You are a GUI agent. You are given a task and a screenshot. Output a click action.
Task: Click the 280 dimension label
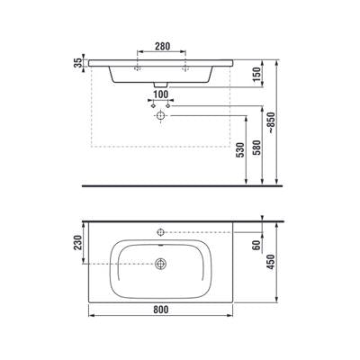coord(162,47)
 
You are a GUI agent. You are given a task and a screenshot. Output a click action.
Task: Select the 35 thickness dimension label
coord(78,63)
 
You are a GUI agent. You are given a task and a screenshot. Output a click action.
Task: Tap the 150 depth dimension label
coord(257,74)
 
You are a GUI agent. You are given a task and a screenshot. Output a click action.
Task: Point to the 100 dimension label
coord(161,94)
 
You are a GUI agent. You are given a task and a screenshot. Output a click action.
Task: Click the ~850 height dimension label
coord(271,122)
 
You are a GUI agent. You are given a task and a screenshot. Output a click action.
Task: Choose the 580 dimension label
coord(257,148)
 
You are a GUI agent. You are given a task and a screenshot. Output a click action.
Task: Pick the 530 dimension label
coord(241,149)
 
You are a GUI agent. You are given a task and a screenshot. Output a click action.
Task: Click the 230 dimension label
coord(78,242)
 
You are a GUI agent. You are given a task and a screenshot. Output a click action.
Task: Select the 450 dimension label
coord(271,262)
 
